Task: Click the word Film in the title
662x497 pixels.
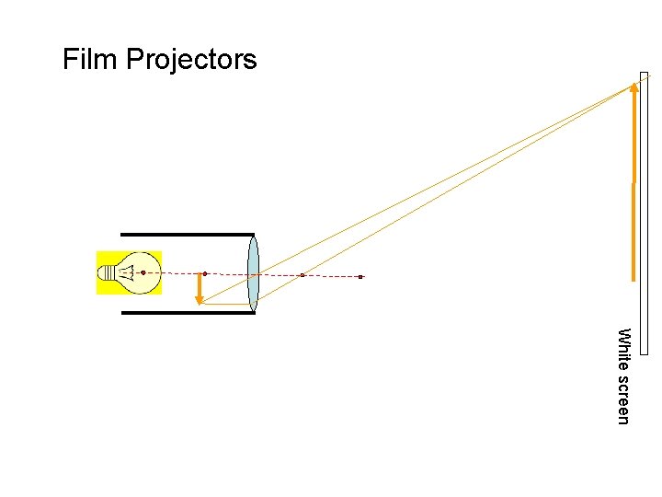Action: pos(90,61)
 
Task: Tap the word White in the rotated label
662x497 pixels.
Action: pos(623,349)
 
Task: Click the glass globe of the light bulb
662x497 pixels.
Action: pos(143,272)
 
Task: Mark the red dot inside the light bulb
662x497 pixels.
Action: pos(143,272)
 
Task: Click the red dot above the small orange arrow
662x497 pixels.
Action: pos(205,273)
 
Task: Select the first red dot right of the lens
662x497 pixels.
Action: pos(302,275)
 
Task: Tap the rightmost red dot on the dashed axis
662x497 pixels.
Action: pos(361,276)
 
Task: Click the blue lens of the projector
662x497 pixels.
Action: pos(253,273)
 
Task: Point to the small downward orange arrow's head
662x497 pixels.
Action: pos(199,298)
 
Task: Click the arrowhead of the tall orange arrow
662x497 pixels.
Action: pos(633,88)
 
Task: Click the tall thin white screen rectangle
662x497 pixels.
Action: pos(644,212)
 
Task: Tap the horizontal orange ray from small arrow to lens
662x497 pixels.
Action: pos(225,304)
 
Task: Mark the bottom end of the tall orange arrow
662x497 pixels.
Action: pos(633,278)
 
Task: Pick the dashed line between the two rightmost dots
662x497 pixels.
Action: pos(331,276)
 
